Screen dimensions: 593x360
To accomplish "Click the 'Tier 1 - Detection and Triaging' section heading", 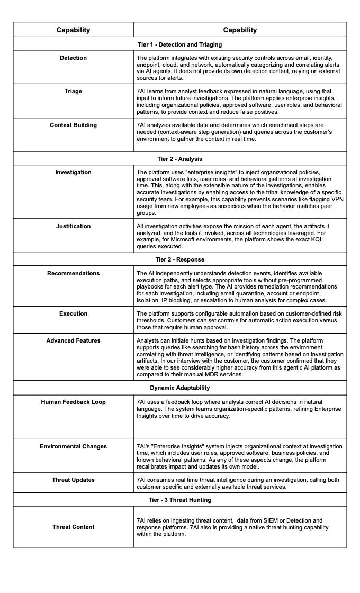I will pyautogui.click(x=180, y=44).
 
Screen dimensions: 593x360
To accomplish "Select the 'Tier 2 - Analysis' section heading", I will pyautogui.click(x=180, y=159).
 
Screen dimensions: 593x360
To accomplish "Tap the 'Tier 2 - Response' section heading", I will pyautogui.click(x=180, y=259).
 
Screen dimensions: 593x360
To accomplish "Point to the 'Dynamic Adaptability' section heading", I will pyautogui.click(x=180, y=388).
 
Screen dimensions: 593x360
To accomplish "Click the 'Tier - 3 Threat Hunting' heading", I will pyautogui.click(x=180, y=500).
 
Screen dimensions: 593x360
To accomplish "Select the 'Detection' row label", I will pyautogui.click(x=73, y=58).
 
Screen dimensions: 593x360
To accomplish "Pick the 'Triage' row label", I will pyautogui.click(x=73, y=91).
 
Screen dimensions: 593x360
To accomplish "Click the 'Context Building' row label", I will pyautogui.click(x=73, y=125).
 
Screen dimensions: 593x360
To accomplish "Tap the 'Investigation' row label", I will pyautogui.click(x=73, y=172).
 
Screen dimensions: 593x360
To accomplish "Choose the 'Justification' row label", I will pyautogui.click(x=73, y=226).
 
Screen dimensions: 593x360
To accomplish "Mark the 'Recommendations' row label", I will pyautogui.click(x=73, y=273).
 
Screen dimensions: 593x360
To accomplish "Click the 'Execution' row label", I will pyautogui.click(x=73, y=313).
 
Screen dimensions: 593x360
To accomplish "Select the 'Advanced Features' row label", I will pyautogui.click(x=73, y=340).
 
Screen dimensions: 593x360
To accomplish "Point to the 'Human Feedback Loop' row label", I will pyautogui.click(x=73, y=402).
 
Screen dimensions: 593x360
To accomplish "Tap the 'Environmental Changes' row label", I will pyautogui.click(x=73, y=446).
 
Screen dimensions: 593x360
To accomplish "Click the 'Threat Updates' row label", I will pyautogui.click(x=73, y=480).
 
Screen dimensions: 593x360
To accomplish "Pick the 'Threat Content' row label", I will pyautogui.click(x=73, y=527).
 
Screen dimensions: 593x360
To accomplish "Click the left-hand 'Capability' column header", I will pyautogui.click(x=73, y=30).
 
